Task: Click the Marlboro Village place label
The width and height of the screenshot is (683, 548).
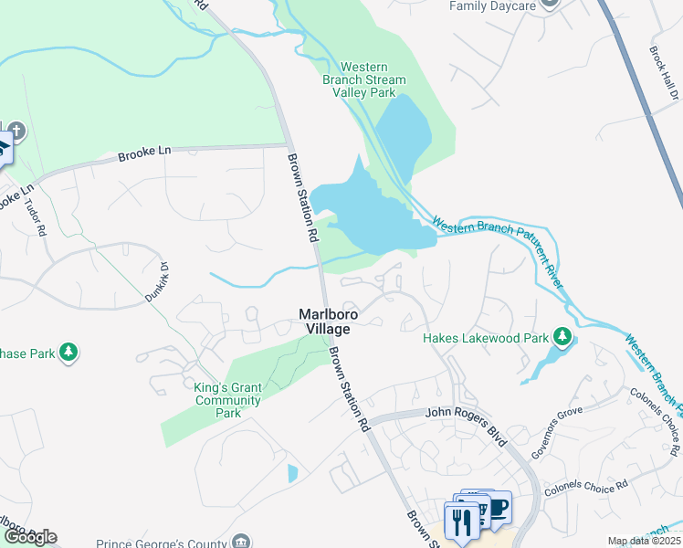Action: pyautogui.click(x=329, y=321)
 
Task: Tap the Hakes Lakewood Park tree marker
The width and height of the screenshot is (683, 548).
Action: pyautogui.click(x=562, y=338)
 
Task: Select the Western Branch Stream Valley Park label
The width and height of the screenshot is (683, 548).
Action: pyautogui.click(x=372, y=79)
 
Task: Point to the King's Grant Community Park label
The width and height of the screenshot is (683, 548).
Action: pyautogui.click(x=227, y=400)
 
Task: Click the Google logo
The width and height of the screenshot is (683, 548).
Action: pyautogui.click(x=29, y=537)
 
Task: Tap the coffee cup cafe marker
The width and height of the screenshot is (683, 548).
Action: pyautogui.click(x=498, y=509)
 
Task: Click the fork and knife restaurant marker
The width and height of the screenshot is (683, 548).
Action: pyautogui.click(x=460, y=522)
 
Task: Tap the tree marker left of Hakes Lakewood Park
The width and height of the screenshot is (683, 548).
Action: pyautogui.click(x=68, y=352)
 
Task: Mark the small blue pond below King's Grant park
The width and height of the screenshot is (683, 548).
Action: pyautogui.click(x=292, y=473)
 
